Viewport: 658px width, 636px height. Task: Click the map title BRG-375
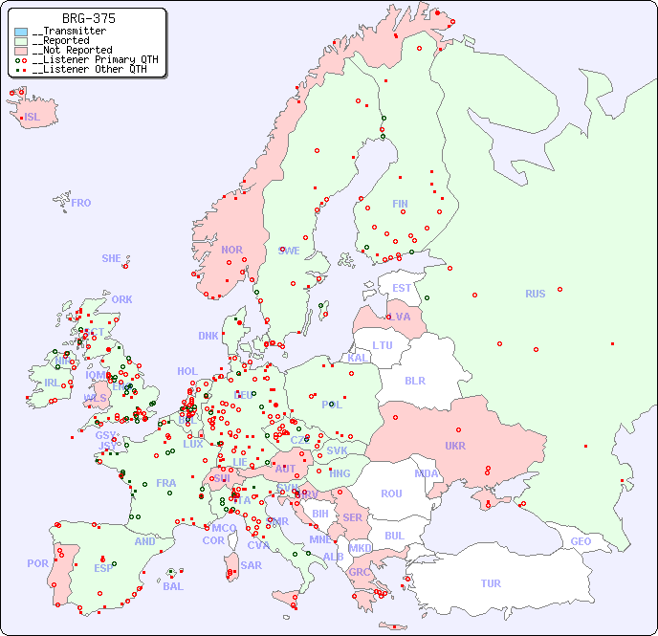(x=89, y=18)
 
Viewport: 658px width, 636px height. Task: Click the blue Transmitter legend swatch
(x=21, y=32)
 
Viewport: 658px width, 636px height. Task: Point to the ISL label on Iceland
(x=33, y=118)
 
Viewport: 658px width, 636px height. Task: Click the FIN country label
(x=400, y=204)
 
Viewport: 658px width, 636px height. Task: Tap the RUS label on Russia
(x=535, y=294)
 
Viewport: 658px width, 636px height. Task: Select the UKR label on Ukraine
(x=455, y=446)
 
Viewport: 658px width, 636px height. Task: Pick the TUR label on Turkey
(x=491, y=583)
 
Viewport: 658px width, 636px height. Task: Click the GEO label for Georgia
(x=581, y=541)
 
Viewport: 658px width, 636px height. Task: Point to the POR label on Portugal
(x=37, y=563)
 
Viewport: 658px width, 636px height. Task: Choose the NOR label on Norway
(x=231, y=250)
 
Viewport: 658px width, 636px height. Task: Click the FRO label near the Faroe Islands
(x=81, y=203)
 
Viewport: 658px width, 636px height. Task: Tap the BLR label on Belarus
(x=415, y=380)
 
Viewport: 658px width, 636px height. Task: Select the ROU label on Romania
(x=391, y=493)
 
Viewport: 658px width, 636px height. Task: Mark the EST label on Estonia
(x=402, y=288)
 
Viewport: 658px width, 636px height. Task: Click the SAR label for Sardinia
(x=252, y=565)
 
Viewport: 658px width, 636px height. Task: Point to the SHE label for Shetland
(x=111, y=258)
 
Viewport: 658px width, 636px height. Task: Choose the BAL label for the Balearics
(x=172, y=586)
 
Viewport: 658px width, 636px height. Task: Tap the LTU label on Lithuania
(x=383, y=345)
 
